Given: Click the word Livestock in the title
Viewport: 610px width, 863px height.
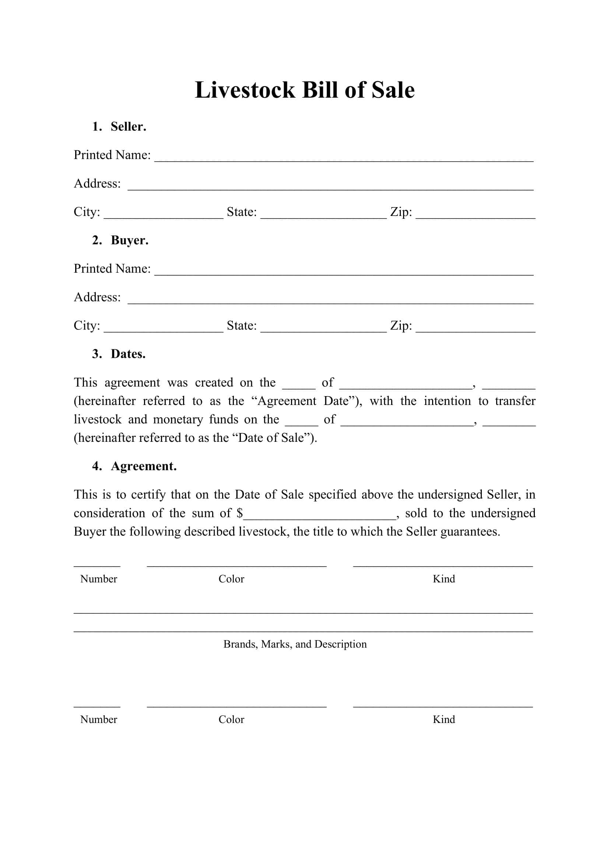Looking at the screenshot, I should (x=245, y=90).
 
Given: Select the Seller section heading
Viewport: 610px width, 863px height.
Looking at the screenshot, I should (x=128, y=127).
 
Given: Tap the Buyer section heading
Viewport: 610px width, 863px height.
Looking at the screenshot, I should (x=129, y=240).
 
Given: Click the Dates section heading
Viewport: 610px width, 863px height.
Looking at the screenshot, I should (x=128, y=354).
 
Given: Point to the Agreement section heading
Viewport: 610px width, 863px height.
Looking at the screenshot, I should (x=143, y=466).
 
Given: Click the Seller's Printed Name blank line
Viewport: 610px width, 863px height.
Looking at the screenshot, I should (x=344, y=158).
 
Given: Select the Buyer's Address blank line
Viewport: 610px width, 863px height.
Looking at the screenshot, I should (x=330, y=300).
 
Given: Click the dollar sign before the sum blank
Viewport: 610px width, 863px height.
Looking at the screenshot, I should (x=240, y=513).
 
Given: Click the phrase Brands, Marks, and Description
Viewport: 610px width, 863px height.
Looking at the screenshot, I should (x=295, y=644).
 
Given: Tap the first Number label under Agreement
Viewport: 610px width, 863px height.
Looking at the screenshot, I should (x=98, y=579).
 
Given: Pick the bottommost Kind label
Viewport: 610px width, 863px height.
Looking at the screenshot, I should (x=444, y=719).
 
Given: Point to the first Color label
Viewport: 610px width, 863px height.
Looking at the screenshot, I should (x=231, y=579).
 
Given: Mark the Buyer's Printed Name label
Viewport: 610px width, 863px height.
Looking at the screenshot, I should (x=112, y=268).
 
